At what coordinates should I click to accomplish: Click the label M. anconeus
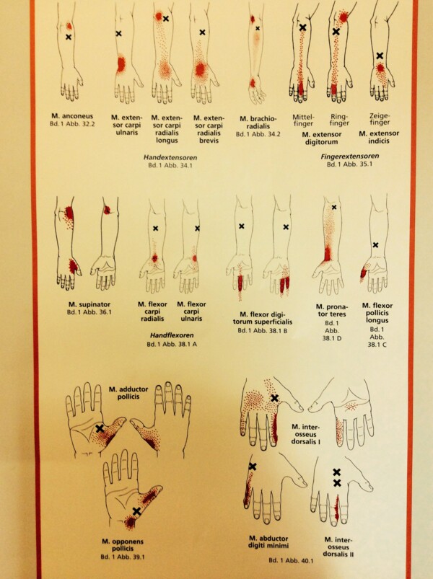[72, 116]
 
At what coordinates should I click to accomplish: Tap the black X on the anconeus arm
[69, 37]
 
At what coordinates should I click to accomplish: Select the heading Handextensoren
[170, 157]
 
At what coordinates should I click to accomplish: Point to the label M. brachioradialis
[258, 123]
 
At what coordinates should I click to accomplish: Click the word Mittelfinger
[303, 120]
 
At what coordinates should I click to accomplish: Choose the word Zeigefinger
[380, 119]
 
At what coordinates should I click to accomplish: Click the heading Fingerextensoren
[350, 156]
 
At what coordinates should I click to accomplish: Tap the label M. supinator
[89, 304]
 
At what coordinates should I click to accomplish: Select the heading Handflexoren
[172, 335]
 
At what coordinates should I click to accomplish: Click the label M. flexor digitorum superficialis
[262, 318]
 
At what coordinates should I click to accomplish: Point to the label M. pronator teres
[331, 311]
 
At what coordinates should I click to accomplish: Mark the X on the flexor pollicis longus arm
[375, 245]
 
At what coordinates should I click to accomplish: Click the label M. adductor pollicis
[128, 392]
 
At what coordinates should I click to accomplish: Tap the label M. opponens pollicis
[123, 545]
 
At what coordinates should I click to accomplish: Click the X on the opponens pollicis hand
[136, 511]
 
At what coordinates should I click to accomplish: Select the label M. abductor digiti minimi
[268, 542]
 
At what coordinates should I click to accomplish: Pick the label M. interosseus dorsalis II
[338, 547]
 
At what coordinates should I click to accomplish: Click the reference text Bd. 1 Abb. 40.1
[291, 560]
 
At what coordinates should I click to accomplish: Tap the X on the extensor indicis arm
[380, 56]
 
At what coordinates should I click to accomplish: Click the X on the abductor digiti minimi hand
[253, 467]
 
